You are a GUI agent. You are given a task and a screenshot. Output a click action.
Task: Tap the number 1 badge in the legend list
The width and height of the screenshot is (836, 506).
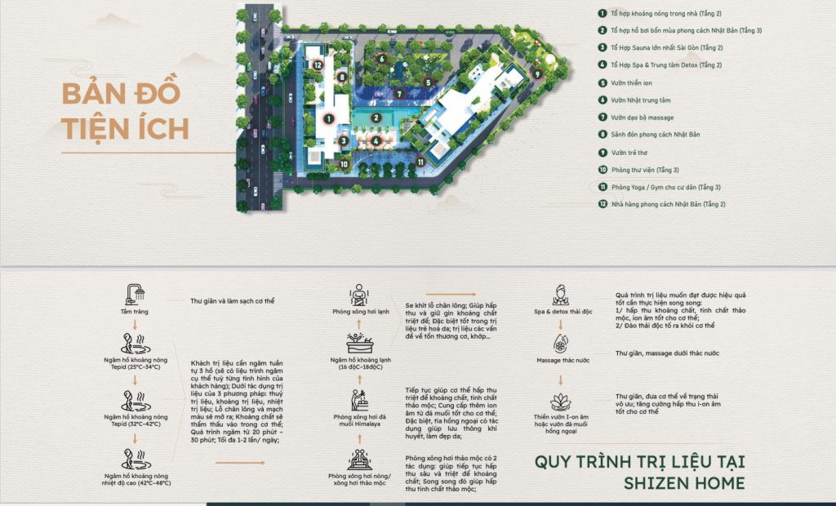coord(601,14)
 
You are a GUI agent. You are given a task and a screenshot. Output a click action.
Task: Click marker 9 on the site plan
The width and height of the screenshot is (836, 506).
coord(537,73)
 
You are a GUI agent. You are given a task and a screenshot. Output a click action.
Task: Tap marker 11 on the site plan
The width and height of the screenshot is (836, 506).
coord(420,162)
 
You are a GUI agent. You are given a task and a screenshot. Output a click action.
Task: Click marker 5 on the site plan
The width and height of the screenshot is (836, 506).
coord(427,82)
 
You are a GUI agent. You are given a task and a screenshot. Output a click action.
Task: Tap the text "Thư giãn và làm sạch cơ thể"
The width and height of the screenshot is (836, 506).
coord(232,300)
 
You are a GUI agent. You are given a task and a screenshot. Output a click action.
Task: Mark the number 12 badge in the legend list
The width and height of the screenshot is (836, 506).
coord(601,204)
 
